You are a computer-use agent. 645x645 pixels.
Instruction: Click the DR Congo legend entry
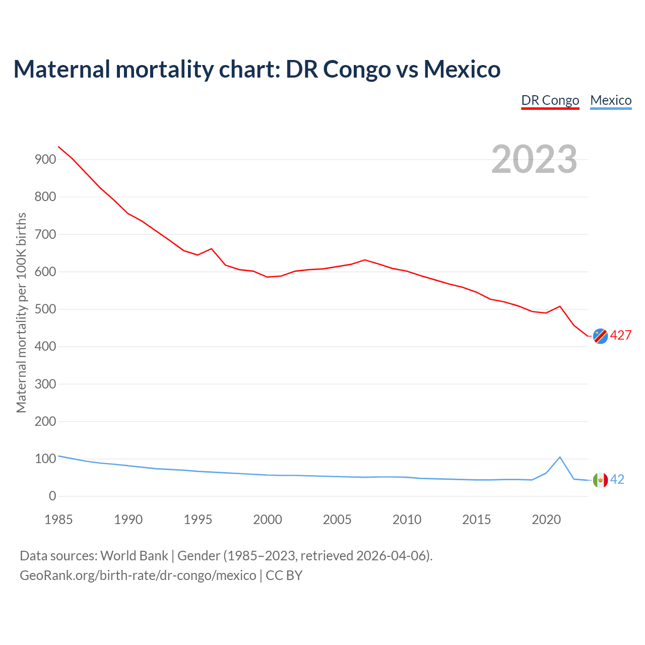coord(550,100)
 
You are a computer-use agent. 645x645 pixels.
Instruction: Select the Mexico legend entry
coord(611,100)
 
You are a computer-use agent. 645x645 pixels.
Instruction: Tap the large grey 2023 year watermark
coord(534,159)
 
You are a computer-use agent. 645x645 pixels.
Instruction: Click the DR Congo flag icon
coord(600,336)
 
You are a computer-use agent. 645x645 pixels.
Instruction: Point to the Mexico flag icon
coord(600,480)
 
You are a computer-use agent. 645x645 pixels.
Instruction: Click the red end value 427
coord(621,336)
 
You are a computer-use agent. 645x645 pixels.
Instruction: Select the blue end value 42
coord(617,480)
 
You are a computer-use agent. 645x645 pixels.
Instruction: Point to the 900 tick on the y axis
coord(45,160)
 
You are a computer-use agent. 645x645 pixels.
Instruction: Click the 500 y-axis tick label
coord(45,309)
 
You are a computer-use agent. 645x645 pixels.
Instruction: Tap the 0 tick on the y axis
coord(52,496)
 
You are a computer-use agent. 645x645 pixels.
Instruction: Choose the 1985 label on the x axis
coord(58,520)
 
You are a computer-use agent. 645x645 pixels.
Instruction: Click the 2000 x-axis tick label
coord(268,520)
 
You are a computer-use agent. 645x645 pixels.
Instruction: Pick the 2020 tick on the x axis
coord(546,520)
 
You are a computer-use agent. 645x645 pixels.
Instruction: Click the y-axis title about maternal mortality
coord(21,312)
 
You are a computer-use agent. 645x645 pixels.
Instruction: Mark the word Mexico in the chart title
coord(462,69)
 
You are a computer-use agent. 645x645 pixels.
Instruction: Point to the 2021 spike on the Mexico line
coord(560,457)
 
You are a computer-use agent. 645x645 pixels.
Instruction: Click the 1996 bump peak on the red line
coord(211,248)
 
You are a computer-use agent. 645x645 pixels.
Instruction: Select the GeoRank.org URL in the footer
coord(138,575)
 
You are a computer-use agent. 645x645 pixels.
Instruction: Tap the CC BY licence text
coord(284,575)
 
